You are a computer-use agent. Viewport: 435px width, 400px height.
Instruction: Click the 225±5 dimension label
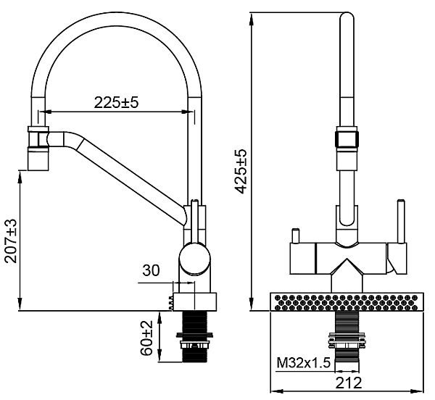click(115, 103)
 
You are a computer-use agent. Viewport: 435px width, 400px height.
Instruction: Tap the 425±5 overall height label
click(242, 171)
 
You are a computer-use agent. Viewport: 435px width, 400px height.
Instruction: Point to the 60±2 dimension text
click(147, 338)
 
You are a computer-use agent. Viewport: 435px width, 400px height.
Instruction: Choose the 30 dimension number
click(151, 270)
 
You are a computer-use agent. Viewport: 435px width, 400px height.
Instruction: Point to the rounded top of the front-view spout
click(345, 17)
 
